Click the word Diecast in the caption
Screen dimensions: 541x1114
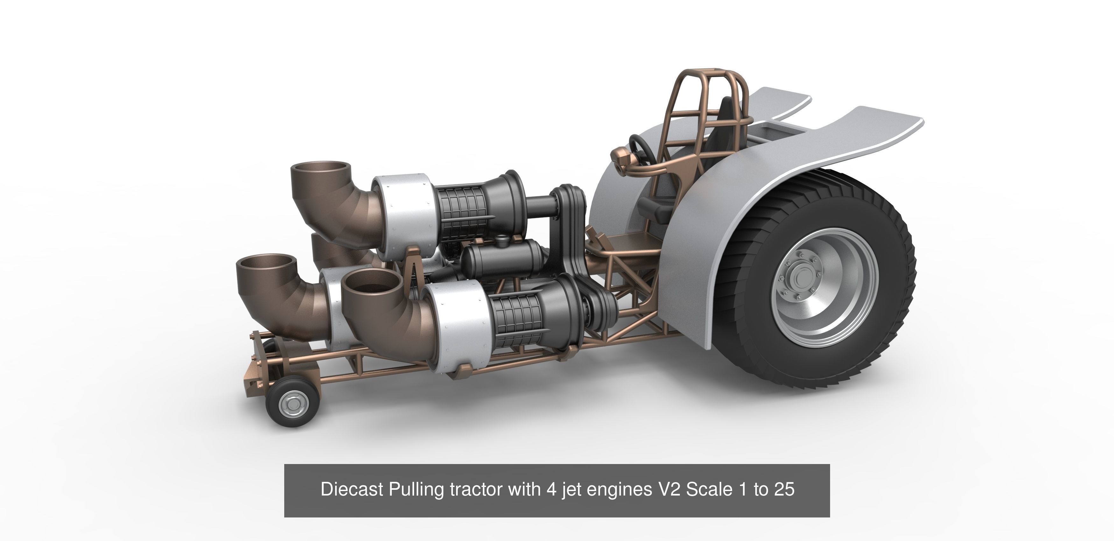tap(352, 489)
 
